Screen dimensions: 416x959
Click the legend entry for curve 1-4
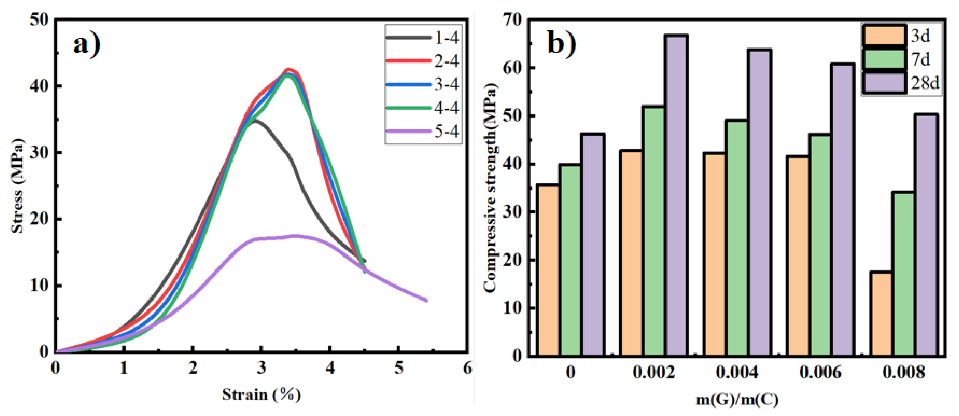tap(423, 38)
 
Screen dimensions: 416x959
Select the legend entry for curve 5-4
tap(423, 132)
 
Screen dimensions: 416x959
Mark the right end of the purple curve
tap(427, 300)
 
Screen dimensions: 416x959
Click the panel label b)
tap(561, 44)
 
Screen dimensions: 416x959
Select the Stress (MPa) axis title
tap(17, 186)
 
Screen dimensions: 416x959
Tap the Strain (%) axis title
tap(261, 394)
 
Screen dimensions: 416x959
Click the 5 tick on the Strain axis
tap(399, 368)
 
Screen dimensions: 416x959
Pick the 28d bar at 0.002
tap(676, 195)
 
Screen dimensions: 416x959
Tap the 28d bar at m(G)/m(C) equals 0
tap(593, 244)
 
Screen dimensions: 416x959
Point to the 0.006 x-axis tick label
tap(820, 372)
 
